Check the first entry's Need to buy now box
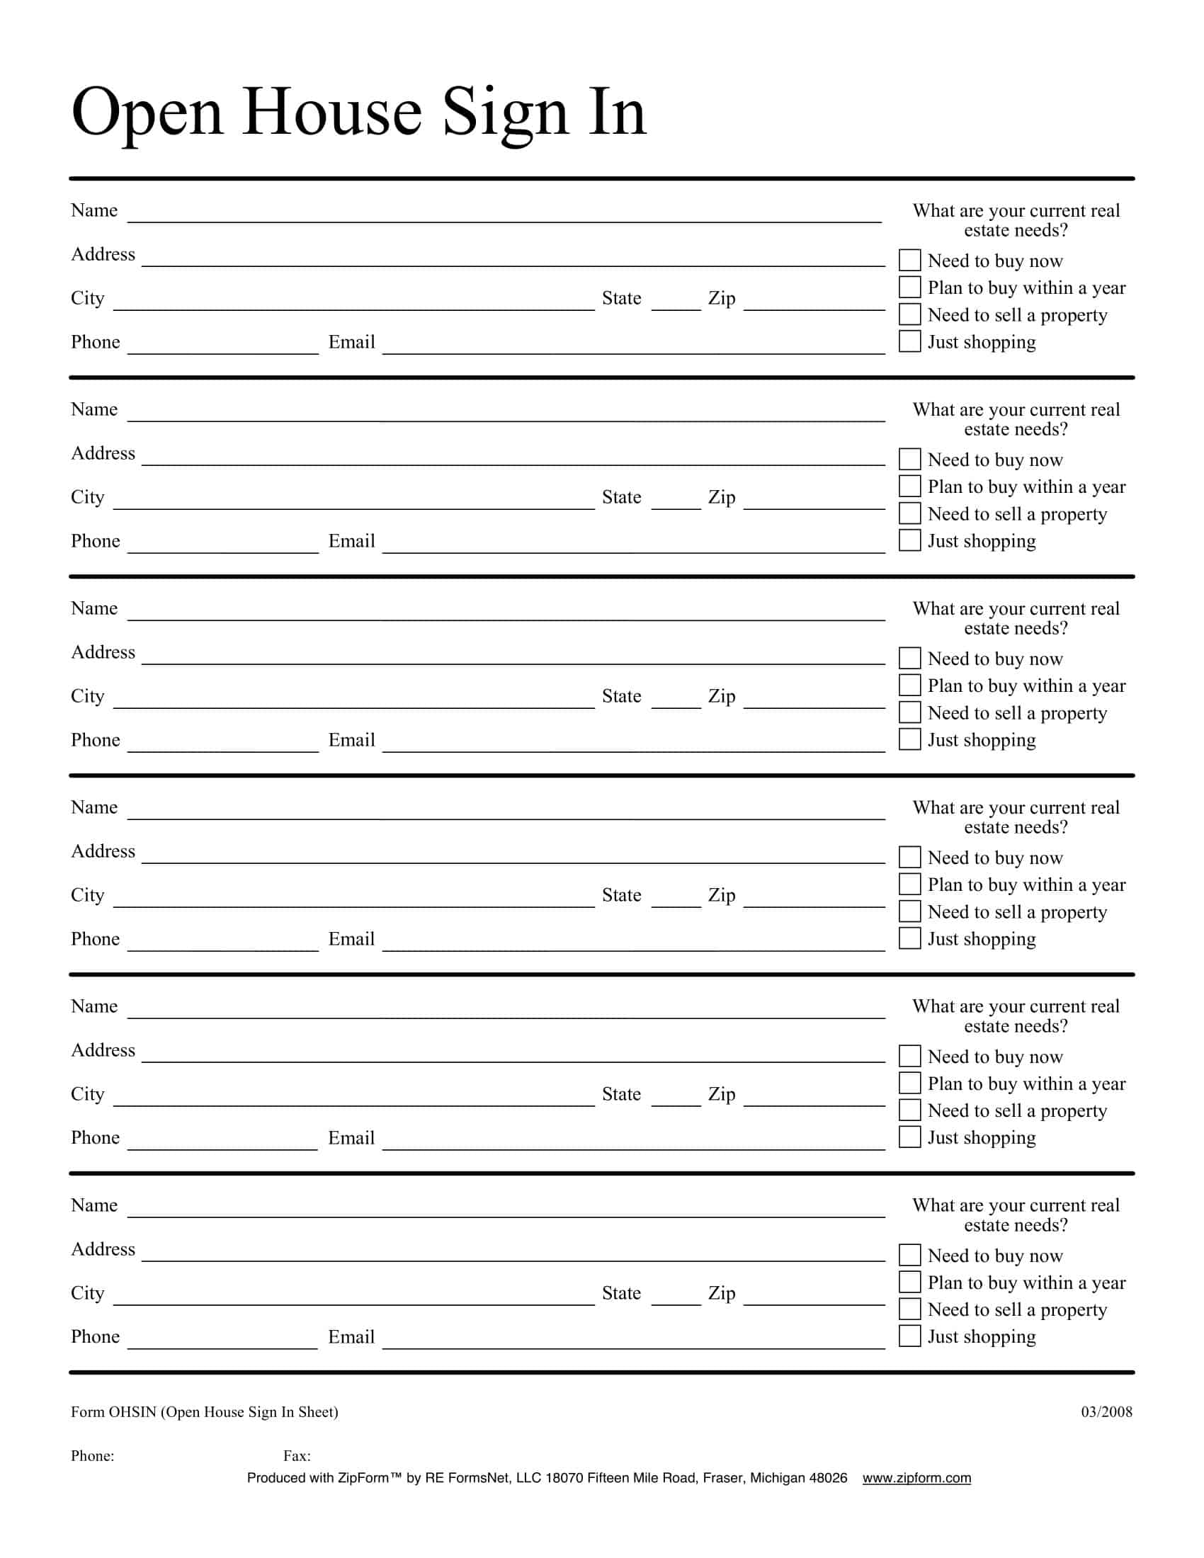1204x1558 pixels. tap(909, 260)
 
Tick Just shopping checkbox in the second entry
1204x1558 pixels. tap(909, 540)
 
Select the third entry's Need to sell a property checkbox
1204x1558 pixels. tap(909, 712)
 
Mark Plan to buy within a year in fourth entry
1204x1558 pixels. tap(909, 884)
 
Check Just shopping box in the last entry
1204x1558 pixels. tap(909, 1336)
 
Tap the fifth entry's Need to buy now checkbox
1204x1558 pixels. tap(909, 1055)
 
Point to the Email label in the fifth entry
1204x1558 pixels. tap(351, 1138)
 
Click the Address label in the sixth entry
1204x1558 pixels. tap(103, 1249)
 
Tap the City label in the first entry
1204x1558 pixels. tap(87, 298)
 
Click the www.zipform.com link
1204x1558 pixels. tap(916, 1478)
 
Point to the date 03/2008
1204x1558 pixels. tap(1106, 1411)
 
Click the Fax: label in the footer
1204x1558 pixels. tap(297, 1456)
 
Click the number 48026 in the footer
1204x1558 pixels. tap(828, 1478)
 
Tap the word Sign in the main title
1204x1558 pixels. tap(505, 112)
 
